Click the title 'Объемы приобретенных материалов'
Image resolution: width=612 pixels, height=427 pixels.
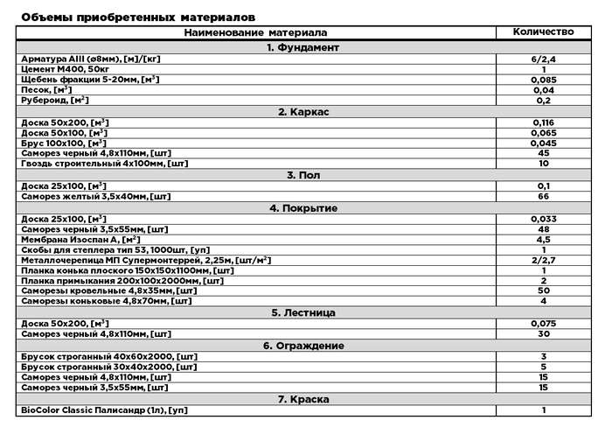[138, 17]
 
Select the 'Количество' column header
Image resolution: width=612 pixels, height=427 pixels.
[543, 32]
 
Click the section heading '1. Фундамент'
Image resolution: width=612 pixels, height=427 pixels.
[303, 47]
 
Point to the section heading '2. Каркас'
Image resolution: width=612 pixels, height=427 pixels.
[303, 111]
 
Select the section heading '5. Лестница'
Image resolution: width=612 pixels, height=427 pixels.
[303, 312]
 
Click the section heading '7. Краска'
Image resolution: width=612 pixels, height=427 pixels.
[303, 399]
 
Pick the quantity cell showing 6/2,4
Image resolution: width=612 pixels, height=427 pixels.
[543, 59]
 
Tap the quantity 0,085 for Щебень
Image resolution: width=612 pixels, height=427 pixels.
[543, 80]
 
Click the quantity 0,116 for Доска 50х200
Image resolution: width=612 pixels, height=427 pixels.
[543, 122]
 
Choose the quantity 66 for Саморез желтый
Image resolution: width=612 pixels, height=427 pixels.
[543, 197]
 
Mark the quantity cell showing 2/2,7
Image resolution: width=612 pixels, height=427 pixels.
[543, 260]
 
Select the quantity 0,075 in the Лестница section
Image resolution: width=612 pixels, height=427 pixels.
[543, 324]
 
